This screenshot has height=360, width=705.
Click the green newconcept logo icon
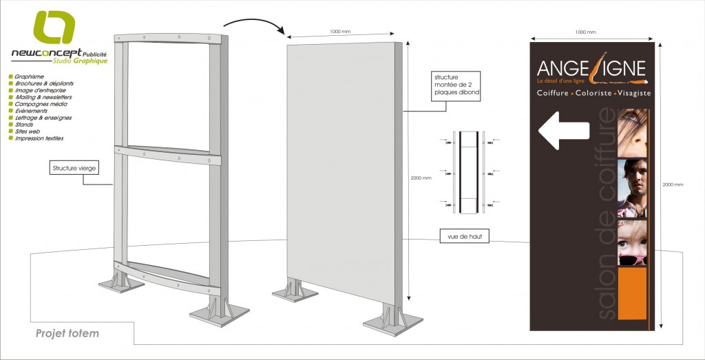53,28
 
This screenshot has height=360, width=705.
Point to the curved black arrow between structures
264,27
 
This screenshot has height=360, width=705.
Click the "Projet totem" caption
67,334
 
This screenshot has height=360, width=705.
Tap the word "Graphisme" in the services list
29,76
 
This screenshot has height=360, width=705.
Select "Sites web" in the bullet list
28,131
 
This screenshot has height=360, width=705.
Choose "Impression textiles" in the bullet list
39,138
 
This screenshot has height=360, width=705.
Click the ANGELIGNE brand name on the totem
591,69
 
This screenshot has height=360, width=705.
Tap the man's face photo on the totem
632,188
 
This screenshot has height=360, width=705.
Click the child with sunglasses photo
632,242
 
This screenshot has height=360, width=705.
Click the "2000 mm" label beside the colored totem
672,184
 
